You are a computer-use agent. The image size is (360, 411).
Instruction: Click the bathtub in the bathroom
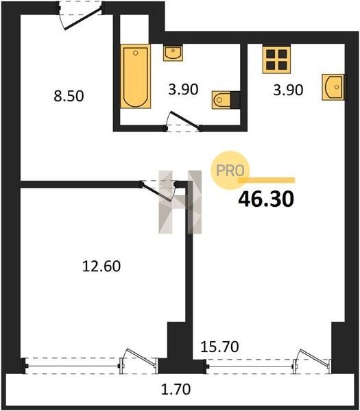[135, 76]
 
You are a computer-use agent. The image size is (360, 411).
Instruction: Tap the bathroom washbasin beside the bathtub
[173, 53]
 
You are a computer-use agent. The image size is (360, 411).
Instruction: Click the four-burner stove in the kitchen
[276, 59]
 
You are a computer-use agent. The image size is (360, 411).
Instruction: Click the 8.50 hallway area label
[69, 96]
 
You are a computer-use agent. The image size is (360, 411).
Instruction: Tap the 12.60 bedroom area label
[101, 266]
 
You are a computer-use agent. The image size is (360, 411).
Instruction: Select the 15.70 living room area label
[219, 347]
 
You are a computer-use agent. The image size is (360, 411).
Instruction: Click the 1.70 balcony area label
[176, 389]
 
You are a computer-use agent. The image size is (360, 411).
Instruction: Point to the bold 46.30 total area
[266, 199]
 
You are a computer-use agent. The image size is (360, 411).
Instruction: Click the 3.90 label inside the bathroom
[183, 90]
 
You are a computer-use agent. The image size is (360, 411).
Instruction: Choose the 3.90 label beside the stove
[288, 90]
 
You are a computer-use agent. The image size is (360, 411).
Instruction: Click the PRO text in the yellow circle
[230, 171]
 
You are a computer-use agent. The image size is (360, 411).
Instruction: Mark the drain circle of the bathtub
[135, 53]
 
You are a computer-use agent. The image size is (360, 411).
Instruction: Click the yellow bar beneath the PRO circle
[267, 180]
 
